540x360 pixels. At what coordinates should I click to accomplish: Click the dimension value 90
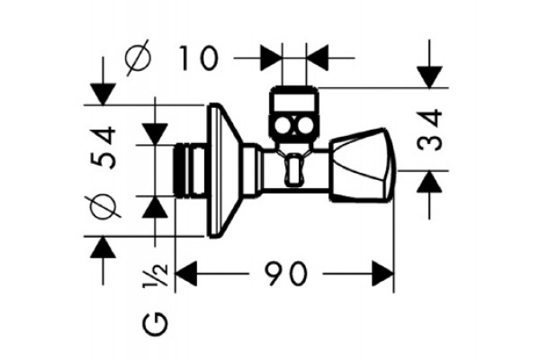[285, 274]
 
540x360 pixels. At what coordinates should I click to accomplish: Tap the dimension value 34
[430, 130]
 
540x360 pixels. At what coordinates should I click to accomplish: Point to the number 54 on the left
[103, 148]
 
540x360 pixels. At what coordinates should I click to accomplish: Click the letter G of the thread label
[156, 323]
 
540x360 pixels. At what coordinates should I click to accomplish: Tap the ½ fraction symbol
[156, 275]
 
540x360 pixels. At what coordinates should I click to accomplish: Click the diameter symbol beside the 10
[138, 58]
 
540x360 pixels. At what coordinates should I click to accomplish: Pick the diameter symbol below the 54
[103, 206]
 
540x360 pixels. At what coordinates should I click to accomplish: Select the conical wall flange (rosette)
[224, 170]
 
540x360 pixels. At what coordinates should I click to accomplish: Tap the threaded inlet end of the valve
[188, 170]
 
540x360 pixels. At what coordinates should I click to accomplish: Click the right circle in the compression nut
[304, 126]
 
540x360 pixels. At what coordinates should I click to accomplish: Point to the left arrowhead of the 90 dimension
[186, 274]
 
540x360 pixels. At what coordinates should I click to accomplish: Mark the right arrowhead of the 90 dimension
[383, 274]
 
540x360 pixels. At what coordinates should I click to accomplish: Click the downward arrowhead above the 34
[429, 77]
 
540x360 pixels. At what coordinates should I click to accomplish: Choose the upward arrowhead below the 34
[429, 182]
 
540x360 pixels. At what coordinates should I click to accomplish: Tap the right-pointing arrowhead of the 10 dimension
[271, 58]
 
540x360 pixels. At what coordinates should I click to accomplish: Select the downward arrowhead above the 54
[103, 94]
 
